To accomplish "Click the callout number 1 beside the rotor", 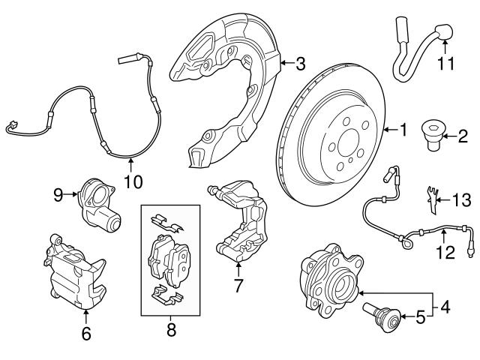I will point(403,131).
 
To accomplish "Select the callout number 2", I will point(463,136).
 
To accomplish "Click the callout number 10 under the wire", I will point(132,181).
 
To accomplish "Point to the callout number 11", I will point(446,64).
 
